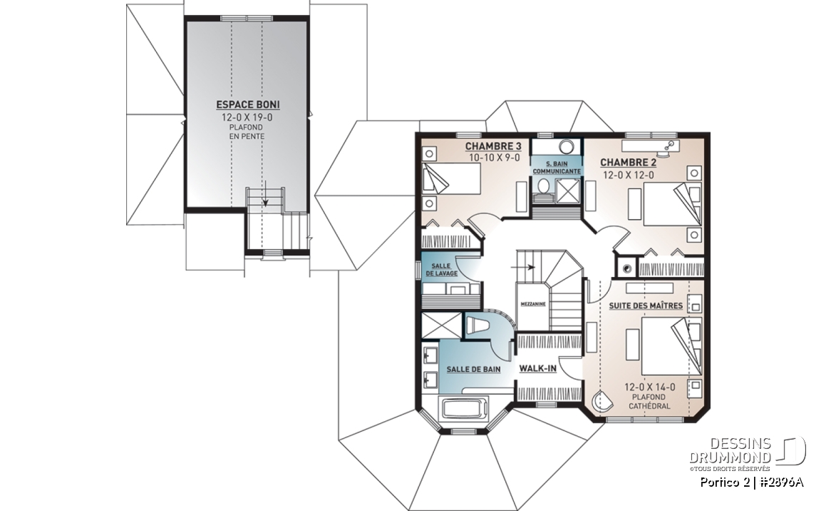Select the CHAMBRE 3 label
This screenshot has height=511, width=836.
coord(492,146)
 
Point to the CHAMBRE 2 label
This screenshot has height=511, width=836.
coord(628,162)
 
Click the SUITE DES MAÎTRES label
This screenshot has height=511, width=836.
coord(646,306)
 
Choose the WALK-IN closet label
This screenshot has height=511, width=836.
coord(538,368)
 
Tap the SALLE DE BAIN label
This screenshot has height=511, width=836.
coord(473,369)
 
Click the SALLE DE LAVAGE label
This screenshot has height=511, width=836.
coord(441,270)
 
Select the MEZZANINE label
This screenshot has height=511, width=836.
coord(533,304)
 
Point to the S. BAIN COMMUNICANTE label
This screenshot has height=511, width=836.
coord(557,168)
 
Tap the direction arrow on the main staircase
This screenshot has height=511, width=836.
coord(523,266)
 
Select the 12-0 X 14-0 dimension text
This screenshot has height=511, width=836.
coord(649,387)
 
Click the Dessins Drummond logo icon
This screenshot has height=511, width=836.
coord(790,451)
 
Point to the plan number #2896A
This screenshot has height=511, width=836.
coord(781,482)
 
